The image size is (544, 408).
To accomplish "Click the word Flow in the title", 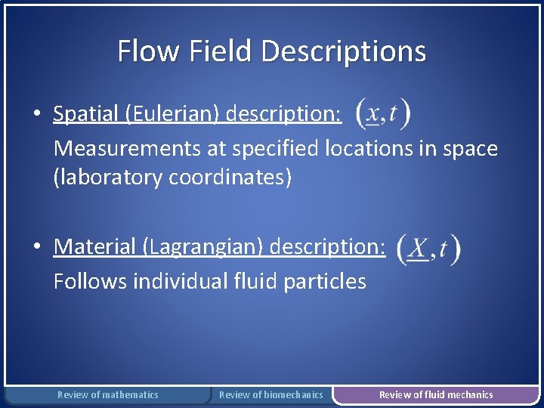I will [x=138, y=51].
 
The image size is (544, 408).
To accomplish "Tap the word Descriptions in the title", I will [x=344, y=51].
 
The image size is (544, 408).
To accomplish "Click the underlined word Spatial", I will [x=86, y=114].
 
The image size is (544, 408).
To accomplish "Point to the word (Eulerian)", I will [x=170, y=114].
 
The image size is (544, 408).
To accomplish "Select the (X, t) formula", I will [x=428, y=247].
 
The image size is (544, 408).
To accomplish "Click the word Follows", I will [x=90, y=281].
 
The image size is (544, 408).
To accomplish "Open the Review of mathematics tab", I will [x=108, y=394].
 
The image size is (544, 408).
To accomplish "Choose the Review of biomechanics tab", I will [x=270, y=394].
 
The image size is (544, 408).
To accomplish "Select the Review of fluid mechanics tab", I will [x=436, y=394].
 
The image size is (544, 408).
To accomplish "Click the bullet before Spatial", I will [x=36, y=115].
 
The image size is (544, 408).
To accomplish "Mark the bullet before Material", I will [x=36, y=247].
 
